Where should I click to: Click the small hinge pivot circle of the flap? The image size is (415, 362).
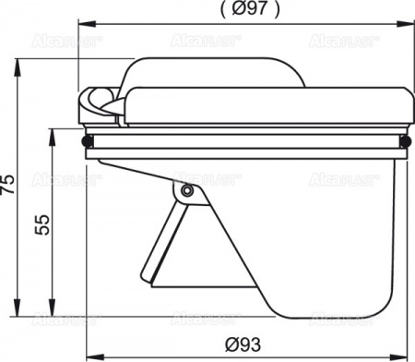coord(187,191)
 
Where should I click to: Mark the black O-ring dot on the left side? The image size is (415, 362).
coord(88,142)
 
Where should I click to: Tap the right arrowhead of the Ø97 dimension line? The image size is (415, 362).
coord(407,25)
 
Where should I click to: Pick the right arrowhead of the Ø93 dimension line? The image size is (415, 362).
coord(397,356)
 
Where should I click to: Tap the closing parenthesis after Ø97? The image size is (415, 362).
coord(278,11)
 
